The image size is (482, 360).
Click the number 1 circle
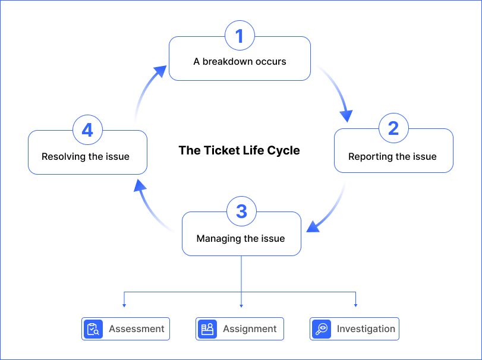point(240,36)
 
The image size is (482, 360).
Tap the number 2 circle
point(393,128)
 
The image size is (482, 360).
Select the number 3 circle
point(241,211)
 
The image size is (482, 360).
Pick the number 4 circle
point(87,130)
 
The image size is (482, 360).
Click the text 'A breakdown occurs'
point(240,61)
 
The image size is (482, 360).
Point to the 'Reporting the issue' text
point(392,157)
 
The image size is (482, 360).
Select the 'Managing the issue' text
point(241,239)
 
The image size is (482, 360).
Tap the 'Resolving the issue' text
point(86,157)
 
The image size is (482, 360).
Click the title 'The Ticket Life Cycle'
point(239,150)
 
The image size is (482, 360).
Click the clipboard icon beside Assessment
point(93,329)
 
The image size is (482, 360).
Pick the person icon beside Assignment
point(207,329)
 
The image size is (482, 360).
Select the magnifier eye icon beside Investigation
point(321,329)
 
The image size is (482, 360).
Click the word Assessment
point(137,329)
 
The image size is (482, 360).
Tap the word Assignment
point(250,329)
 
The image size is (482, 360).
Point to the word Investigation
point(366,329)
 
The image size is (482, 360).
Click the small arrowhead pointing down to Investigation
point(355,305)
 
